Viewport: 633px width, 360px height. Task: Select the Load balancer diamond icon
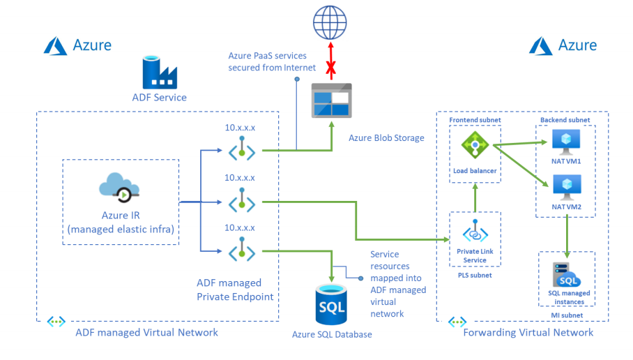(x=473, y=145)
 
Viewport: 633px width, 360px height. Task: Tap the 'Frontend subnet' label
(x=475, y=120)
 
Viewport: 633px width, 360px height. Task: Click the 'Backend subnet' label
(x=565, y=120)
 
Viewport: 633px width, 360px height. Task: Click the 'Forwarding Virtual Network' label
(x=528, y=332)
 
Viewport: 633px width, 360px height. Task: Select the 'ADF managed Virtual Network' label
(x=147, y=332)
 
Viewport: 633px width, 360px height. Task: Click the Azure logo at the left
(x=55, y=45)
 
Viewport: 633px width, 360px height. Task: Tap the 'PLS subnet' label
(x=475, y=276)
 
